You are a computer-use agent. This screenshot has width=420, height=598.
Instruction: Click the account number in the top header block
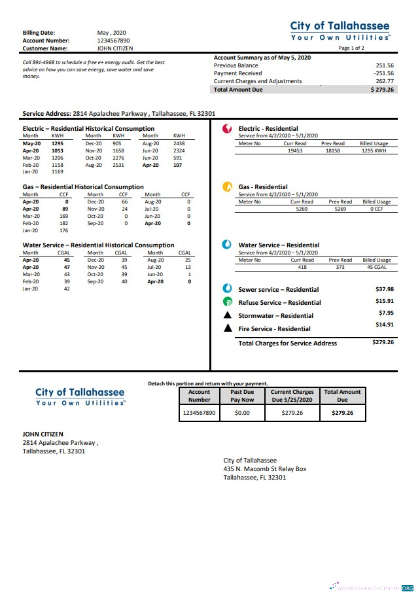point(113,40)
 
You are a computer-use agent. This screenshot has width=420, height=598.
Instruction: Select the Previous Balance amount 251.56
point(385,65)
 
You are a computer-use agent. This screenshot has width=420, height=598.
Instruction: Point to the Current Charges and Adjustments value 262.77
point(385,81)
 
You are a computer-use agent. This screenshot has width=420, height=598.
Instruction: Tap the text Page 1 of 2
point(352,48)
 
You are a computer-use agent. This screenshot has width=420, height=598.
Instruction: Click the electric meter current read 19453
point(295,150)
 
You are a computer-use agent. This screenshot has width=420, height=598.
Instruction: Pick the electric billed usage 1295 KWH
point(374,150)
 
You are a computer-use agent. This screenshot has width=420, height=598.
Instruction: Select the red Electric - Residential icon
point(227,129)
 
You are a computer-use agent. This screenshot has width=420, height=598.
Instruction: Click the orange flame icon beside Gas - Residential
point(227,186)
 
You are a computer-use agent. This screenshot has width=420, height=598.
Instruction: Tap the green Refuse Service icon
point(227,302)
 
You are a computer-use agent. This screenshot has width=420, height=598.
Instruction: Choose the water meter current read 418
point(302,266)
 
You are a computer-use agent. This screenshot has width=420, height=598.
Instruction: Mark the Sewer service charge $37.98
point(385,289)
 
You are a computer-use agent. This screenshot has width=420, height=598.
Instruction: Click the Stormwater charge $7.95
point(386,313)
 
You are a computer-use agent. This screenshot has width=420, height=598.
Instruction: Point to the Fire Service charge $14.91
point(385,325)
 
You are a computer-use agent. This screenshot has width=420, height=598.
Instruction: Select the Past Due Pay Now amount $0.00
point(242,413)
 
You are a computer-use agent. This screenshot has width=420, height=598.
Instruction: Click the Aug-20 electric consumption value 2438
point(179,143)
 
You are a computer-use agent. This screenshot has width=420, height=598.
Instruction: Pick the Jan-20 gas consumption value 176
point(63,230)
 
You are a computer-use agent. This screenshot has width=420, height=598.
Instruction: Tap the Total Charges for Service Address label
point(287,343)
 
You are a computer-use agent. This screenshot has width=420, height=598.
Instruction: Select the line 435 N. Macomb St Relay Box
point(264,469)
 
